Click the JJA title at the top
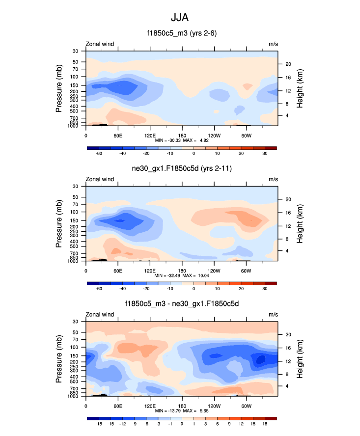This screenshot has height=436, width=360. [180, 18]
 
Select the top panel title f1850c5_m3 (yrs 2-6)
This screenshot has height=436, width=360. [180, 34]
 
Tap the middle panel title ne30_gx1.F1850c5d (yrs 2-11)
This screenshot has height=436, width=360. [180, 169]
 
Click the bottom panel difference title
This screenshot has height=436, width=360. [180, 304]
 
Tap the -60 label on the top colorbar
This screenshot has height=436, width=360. [99, 154]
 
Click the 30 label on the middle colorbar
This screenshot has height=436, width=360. [265, 289]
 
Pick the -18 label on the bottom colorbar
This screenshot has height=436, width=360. [99, 424]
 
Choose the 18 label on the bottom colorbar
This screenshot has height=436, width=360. [265, 424]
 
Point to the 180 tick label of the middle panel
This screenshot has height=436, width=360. [182, 271]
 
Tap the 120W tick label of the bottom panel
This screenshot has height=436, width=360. [214, 406]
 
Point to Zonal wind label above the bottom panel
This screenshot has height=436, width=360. [100, 314]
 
